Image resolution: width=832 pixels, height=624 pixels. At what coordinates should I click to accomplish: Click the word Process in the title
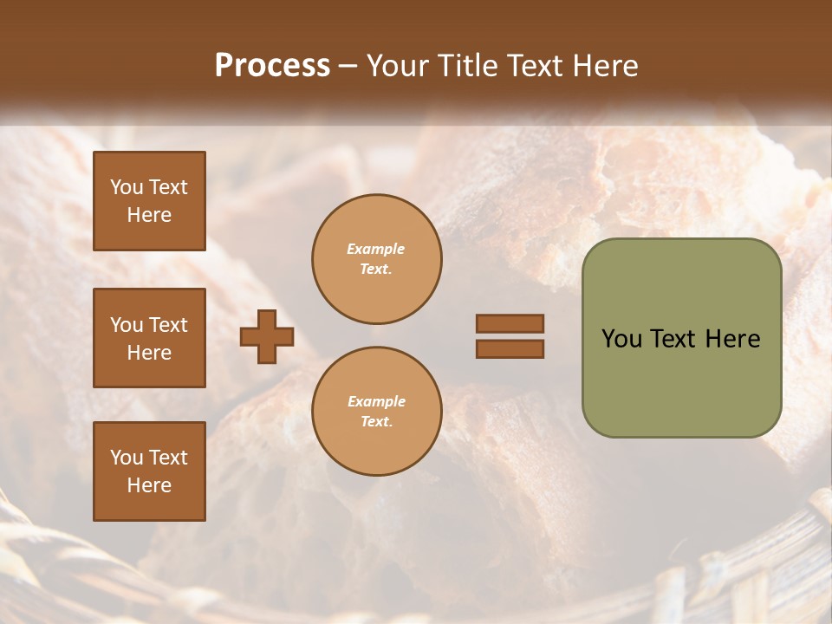pos(272,66)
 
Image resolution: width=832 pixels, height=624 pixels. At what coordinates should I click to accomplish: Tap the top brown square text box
pos(149,201)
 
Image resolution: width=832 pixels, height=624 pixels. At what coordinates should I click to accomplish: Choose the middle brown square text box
pos(149,338)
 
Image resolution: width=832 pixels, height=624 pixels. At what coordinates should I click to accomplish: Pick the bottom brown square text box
pos(149,471)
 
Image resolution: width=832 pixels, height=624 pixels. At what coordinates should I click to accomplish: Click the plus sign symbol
pos(267,336)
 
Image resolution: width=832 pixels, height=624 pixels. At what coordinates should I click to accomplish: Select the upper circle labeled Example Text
pos(377,259)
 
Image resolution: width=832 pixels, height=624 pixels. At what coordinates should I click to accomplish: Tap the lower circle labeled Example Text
pos(377,412)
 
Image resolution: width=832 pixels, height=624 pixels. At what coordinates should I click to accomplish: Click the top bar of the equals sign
pos(510,323)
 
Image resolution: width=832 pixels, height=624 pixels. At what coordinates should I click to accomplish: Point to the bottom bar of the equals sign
pos(510,348)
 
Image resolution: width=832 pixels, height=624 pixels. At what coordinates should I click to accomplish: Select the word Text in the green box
pos(673,339)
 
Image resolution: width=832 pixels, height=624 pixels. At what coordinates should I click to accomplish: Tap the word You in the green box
pos(621,339)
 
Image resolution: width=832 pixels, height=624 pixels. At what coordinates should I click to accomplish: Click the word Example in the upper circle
pos(376,249)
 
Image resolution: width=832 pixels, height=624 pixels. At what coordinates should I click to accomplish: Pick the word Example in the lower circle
pos(376,401)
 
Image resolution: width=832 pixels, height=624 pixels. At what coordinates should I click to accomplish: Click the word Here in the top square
pos(149,215)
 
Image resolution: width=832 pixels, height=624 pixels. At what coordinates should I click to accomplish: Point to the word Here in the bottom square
pos(149,485)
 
